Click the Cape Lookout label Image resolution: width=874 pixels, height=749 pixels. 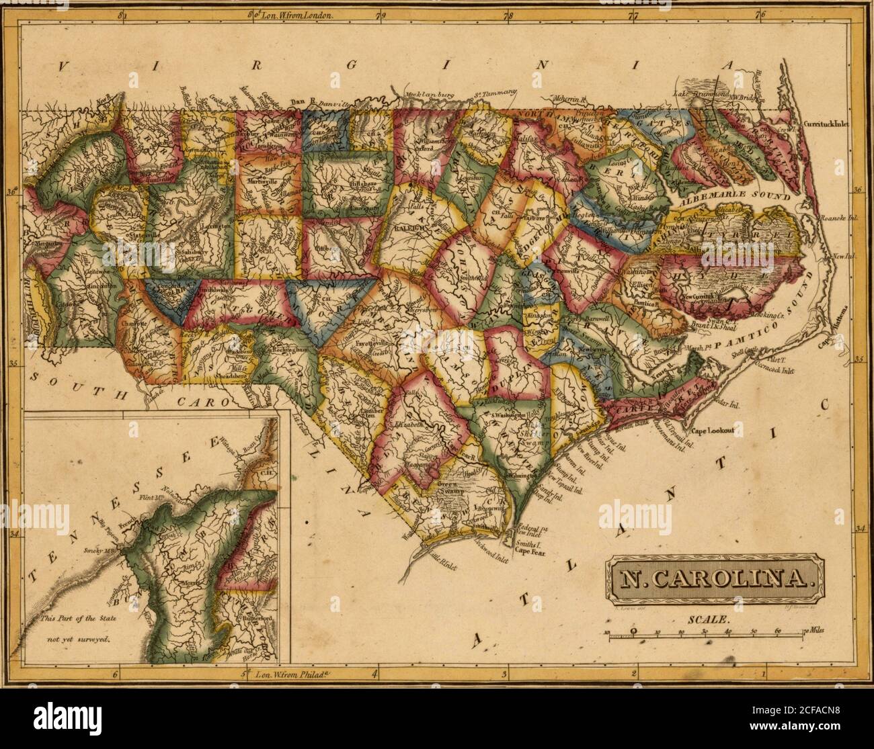[712, 429]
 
